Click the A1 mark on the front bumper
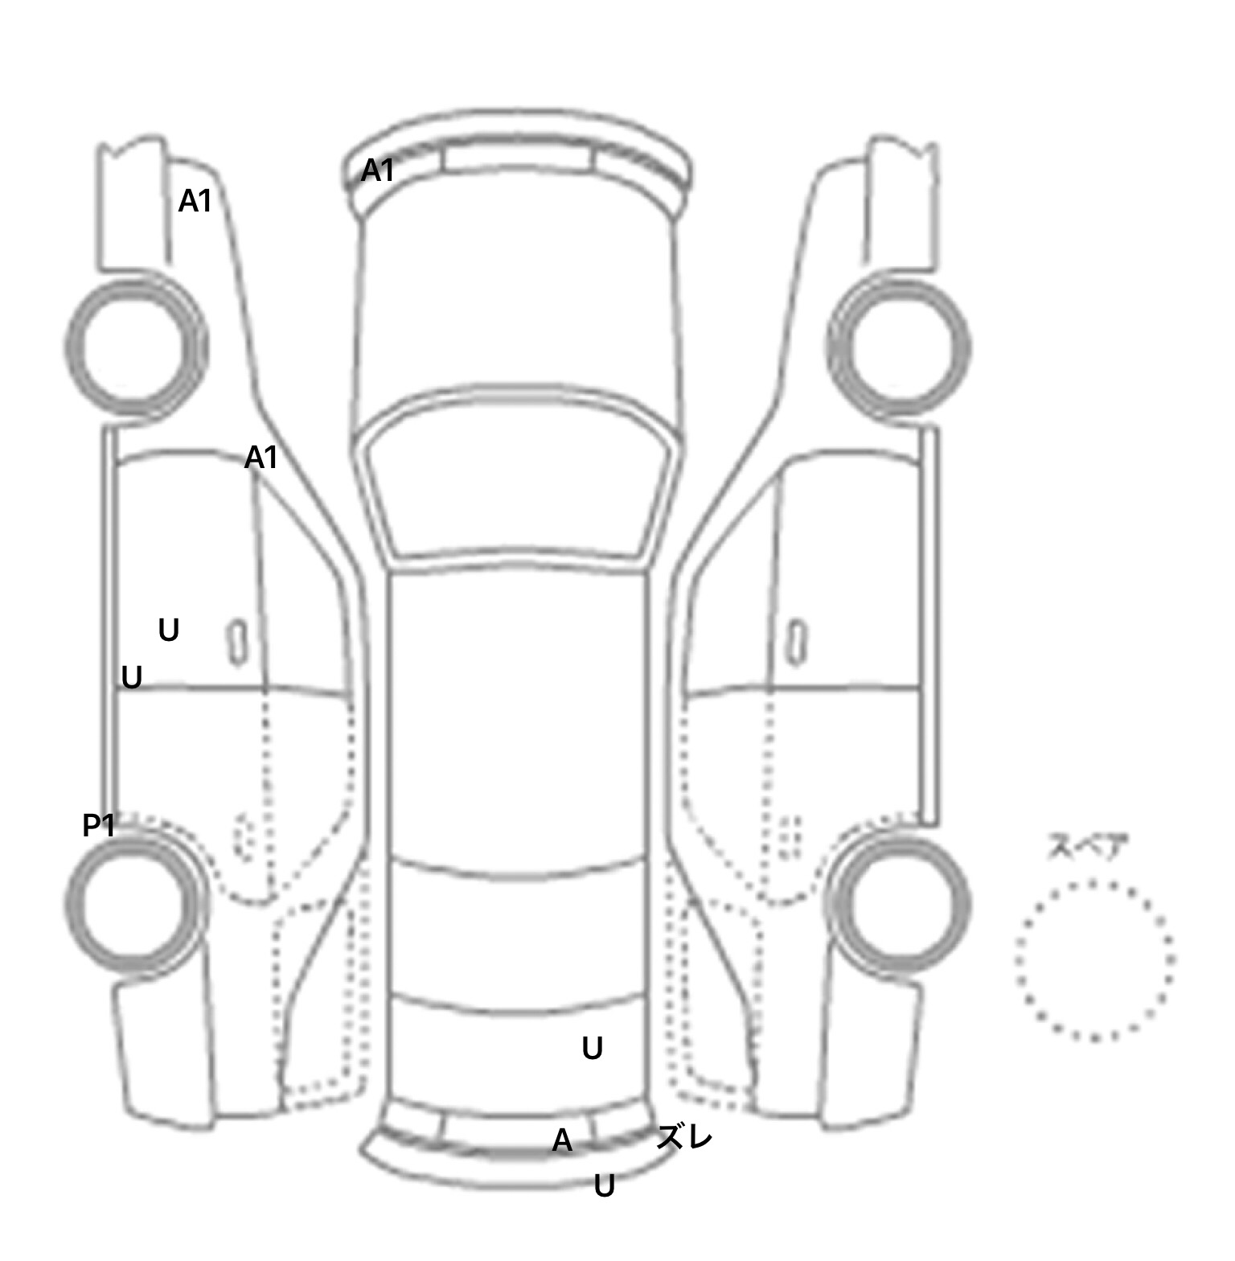(377, 170)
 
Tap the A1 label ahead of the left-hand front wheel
(195, 201)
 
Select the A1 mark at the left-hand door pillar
(261, 458)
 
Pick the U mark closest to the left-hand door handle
(168, 630)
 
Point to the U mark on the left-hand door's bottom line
(131, 678)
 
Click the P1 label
(99, 825)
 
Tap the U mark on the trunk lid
(592, 1048)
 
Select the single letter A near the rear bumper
(562, 1140)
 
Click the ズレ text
(684, 1137)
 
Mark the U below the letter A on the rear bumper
(604, 1185)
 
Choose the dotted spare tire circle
(1094, 960)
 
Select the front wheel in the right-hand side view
(899, 347)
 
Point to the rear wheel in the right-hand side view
(900, 903)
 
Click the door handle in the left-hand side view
(236, 643)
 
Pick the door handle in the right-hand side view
(797, 643)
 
